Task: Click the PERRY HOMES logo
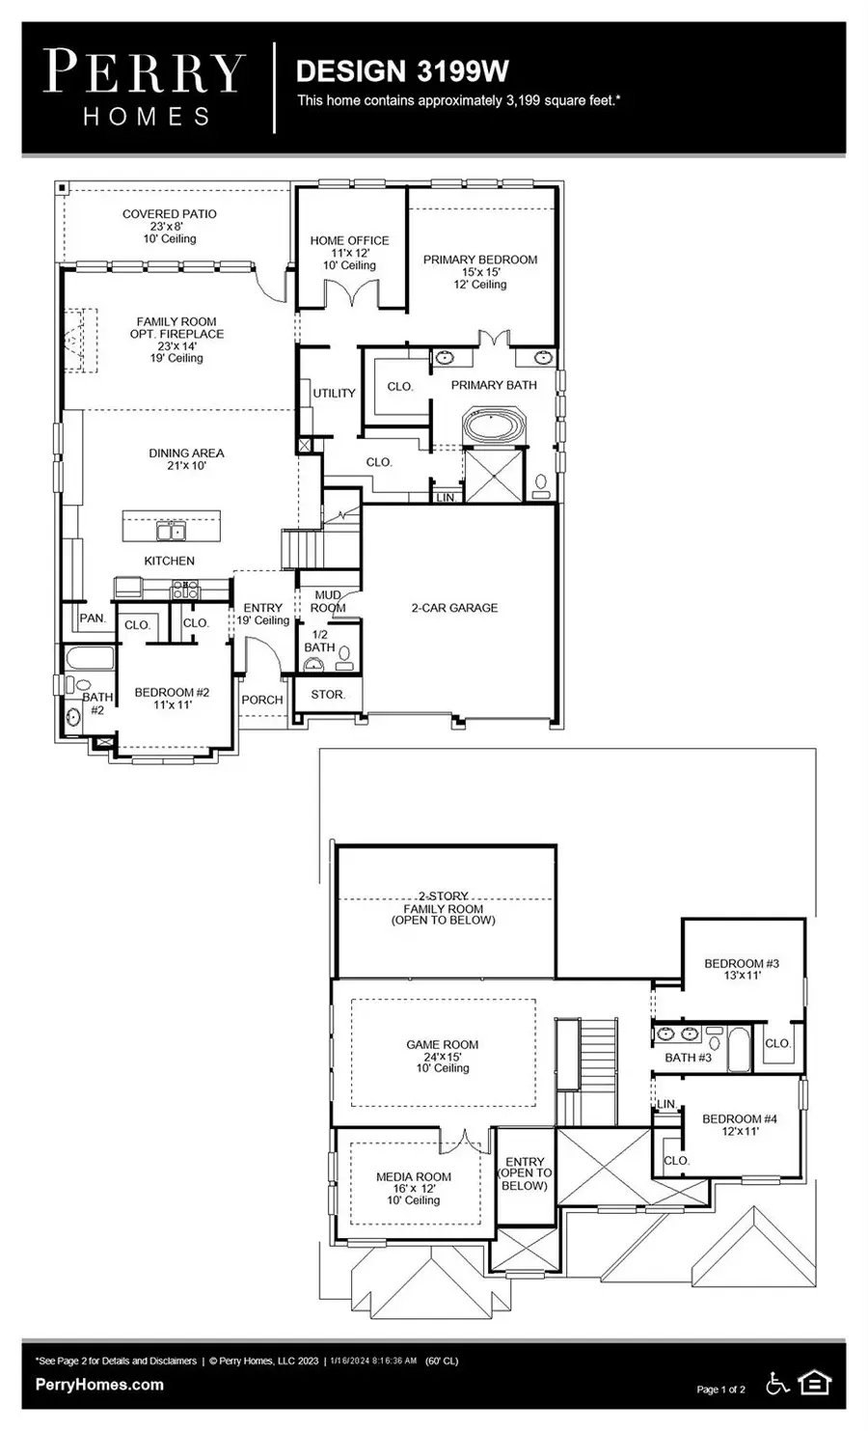click(145, 88)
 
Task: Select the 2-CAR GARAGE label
click(454, 608)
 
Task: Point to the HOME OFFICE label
click(349, 240)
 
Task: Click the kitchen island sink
click(171, 531)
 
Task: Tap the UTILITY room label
click(334, 393)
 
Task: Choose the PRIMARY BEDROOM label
click(480, 260)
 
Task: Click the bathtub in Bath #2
click(90, 662)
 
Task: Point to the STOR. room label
click(328, 694)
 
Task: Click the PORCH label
click(262, 700)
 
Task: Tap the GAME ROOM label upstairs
click(443, 1044)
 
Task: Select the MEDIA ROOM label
click(414, 1176)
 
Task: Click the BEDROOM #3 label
click(742, 963)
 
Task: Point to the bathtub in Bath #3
click(738, 1050)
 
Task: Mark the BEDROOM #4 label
click(740, 1118)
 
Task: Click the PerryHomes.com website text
click(99, 1385)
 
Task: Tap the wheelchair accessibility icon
click(777, 1384)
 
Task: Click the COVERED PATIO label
click(170, 214)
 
